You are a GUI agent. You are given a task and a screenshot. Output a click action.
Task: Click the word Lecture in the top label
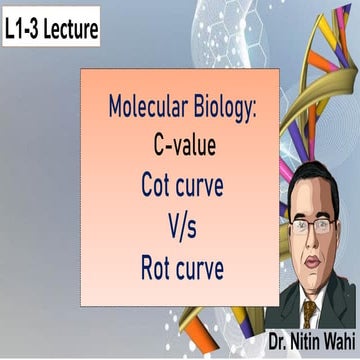point(68,30)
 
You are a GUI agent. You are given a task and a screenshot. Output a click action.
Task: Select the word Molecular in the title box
point(145,108)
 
